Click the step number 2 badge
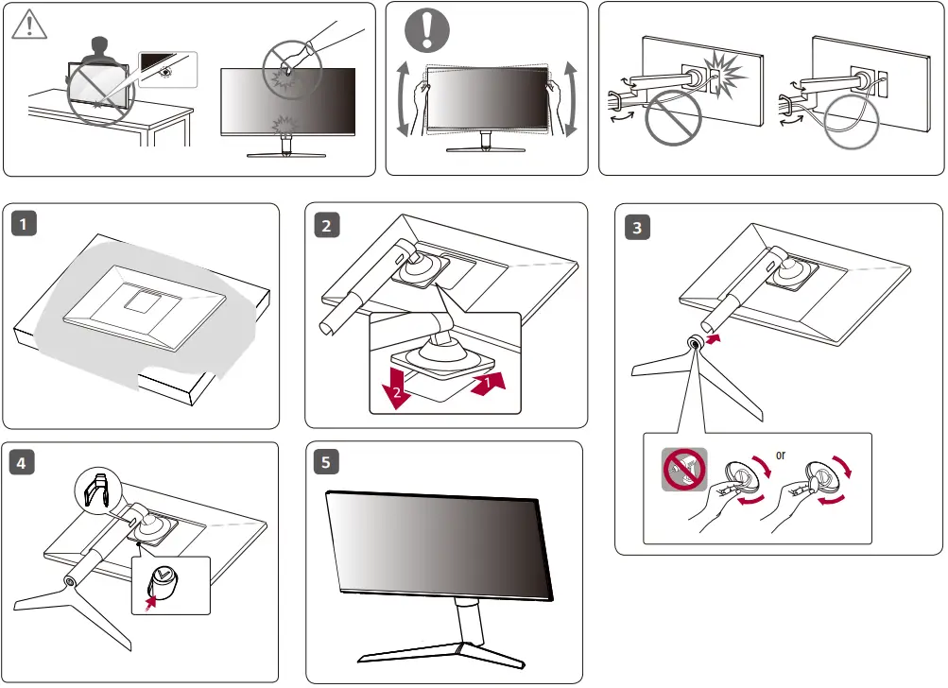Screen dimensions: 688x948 click(x=326, y=225)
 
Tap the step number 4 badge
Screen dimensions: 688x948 click(x=23, y=463)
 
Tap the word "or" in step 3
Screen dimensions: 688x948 click(x=780, y=455)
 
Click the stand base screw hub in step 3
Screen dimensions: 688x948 click(x=695, y=345)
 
